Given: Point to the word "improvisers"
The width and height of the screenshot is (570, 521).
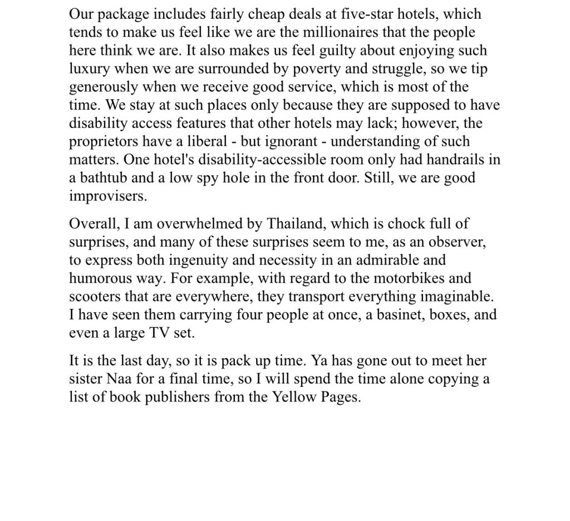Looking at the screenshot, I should (104, 196).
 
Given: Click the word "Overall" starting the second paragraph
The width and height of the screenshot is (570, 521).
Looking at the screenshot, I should (91, 224).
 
